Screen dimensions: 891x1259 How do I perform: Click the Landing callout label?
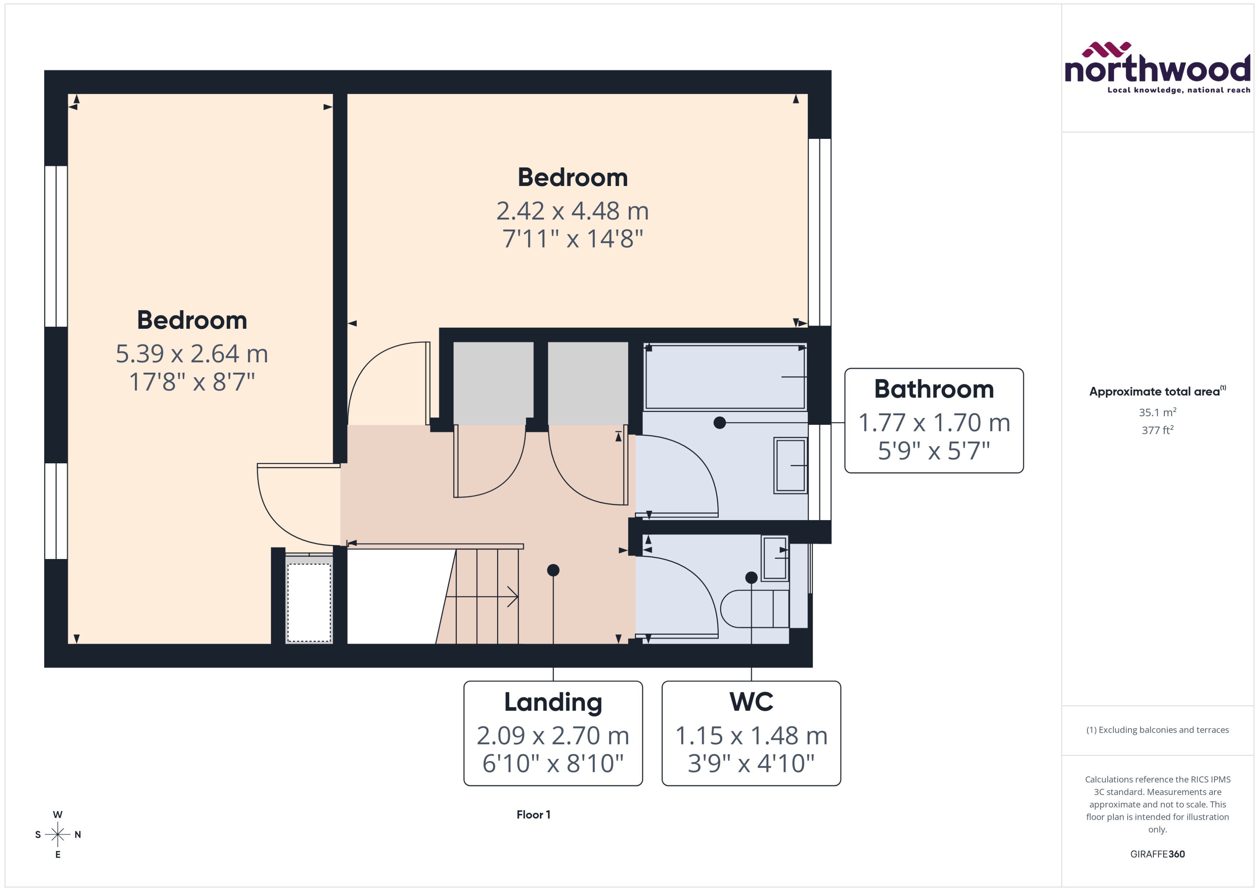(553, 733)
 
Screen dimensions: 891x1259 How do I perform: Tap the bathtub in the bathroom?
(725, 376)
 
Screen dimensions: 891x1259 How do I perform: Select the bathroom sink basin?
(790, 465)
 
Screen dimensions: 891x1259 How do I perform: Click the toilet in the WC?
(754, 608)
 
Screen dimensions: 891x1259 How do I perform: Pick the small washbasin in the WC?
(774, 558)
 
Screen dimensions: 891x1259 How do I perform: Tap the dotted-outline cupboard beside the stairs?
(309, 602)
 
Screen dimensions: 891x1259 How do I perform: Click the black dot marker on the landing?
(553, 570)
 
